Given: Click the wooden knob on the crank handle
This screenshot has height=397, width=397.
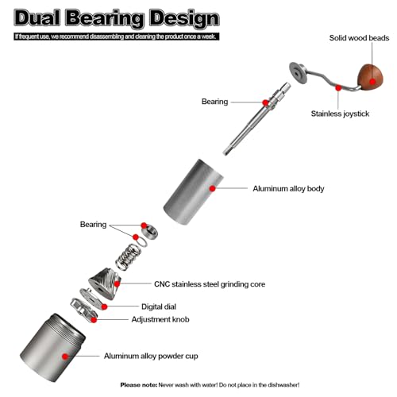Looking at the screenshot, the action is point(370,78).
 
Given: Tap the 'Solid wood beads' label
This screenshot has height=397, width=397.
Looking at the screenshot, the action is point(359,38).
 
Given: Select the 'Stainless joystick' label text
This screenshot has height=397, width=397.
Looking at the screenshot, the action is point(340,114).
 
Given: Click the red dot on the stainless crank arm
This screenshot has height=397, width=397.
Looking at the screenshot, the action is point(338,87).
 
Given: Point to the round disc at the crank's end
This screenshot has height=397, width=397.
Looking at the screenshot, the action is point(299,73).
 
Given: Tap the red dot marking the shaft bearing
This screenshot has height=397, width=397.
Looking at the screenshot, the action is point(265,102).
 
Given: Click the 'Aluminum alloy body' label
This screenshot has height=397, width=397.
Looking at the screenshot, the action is point(288,189).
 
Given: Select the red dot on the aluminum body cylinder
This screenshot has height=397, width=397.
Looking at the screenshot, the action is point(212,188).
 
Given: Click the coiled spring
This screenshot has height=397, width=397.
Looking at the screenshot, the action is point(128,257).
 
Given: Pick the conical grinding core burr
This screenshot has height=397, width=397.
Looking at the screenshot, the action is point(105,283).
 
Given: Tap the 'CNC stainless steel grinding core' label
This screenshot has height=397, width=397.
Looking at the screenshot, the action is point(210,284).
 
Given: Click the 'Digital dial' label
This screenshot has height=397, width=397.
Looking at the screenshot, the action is point(159,306).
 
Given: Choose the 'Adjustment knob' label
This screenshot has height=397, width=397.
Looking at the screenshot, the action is point(160,319).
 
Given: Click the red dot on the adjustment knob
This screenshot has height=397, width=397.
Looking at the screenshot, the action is point(94,320).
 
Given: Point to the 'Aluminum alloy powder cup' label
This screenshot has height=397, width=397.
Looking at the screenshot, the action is point(151,356).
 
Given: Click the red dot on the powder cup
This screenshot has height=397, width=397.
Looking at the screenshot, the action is point(65,357).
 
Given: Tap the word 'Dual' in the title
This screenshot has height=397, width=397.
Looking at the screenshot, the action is point(37,18).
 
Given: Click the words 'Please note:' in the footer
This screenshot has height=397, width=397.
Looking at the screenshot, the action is point(139,385).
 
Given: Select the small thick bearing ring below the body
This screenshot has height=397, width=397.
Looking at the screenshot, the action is point(149,232).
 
